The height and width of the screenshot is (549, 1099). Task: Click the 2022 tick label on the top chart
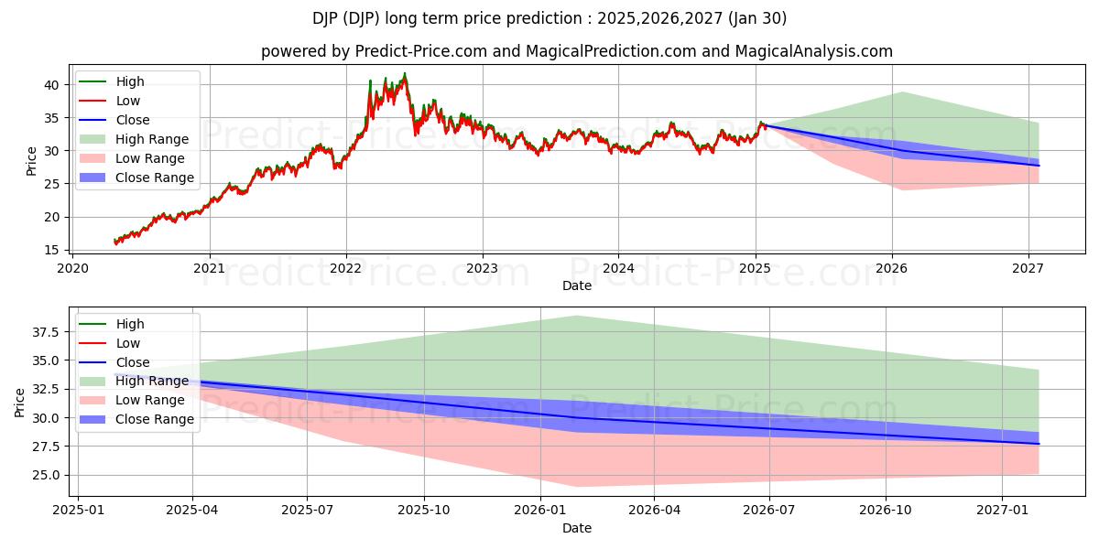tap(346, 268)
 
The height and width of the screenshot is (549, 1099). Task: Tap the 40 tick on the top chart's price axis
tap(52, 85)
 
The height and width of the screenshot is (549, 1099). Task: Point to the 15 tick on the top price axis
tap(52, 250)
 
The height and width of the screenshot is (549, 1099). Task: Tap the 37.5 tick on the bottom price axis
tap(44, 332)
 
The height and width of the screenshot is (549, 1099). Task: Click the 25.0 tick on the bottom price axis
tap(44, 475)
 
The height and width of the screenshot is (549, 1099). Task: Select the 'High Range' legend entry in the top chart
tap(151, 139)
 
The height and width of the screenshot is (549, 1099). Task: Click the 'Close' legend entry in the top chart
tap(133, 120)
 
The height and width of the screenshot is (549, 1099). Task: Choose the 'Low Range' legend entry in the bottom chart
tap(149, 400)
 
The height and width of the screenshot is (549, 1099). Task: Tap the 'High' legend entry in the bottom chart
tap(130, 324)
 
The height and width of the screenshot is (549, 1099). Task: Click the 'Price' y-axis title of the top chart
tap(31, 161)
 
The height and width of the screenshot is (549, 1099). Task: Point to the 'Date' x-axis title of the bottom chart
tap(577, 528)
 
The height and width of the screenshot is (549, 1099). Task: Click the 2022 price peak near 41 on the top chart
tap(405, 74)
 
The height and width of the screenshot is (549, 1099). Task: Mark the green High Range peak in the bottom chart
tap(576, 317)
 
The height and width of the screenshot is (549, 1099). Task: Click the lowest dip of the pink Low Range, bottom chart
tap(576, 486)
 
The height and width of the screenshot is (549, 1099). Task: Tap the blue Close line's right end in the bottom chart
tap(1039, 444)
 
